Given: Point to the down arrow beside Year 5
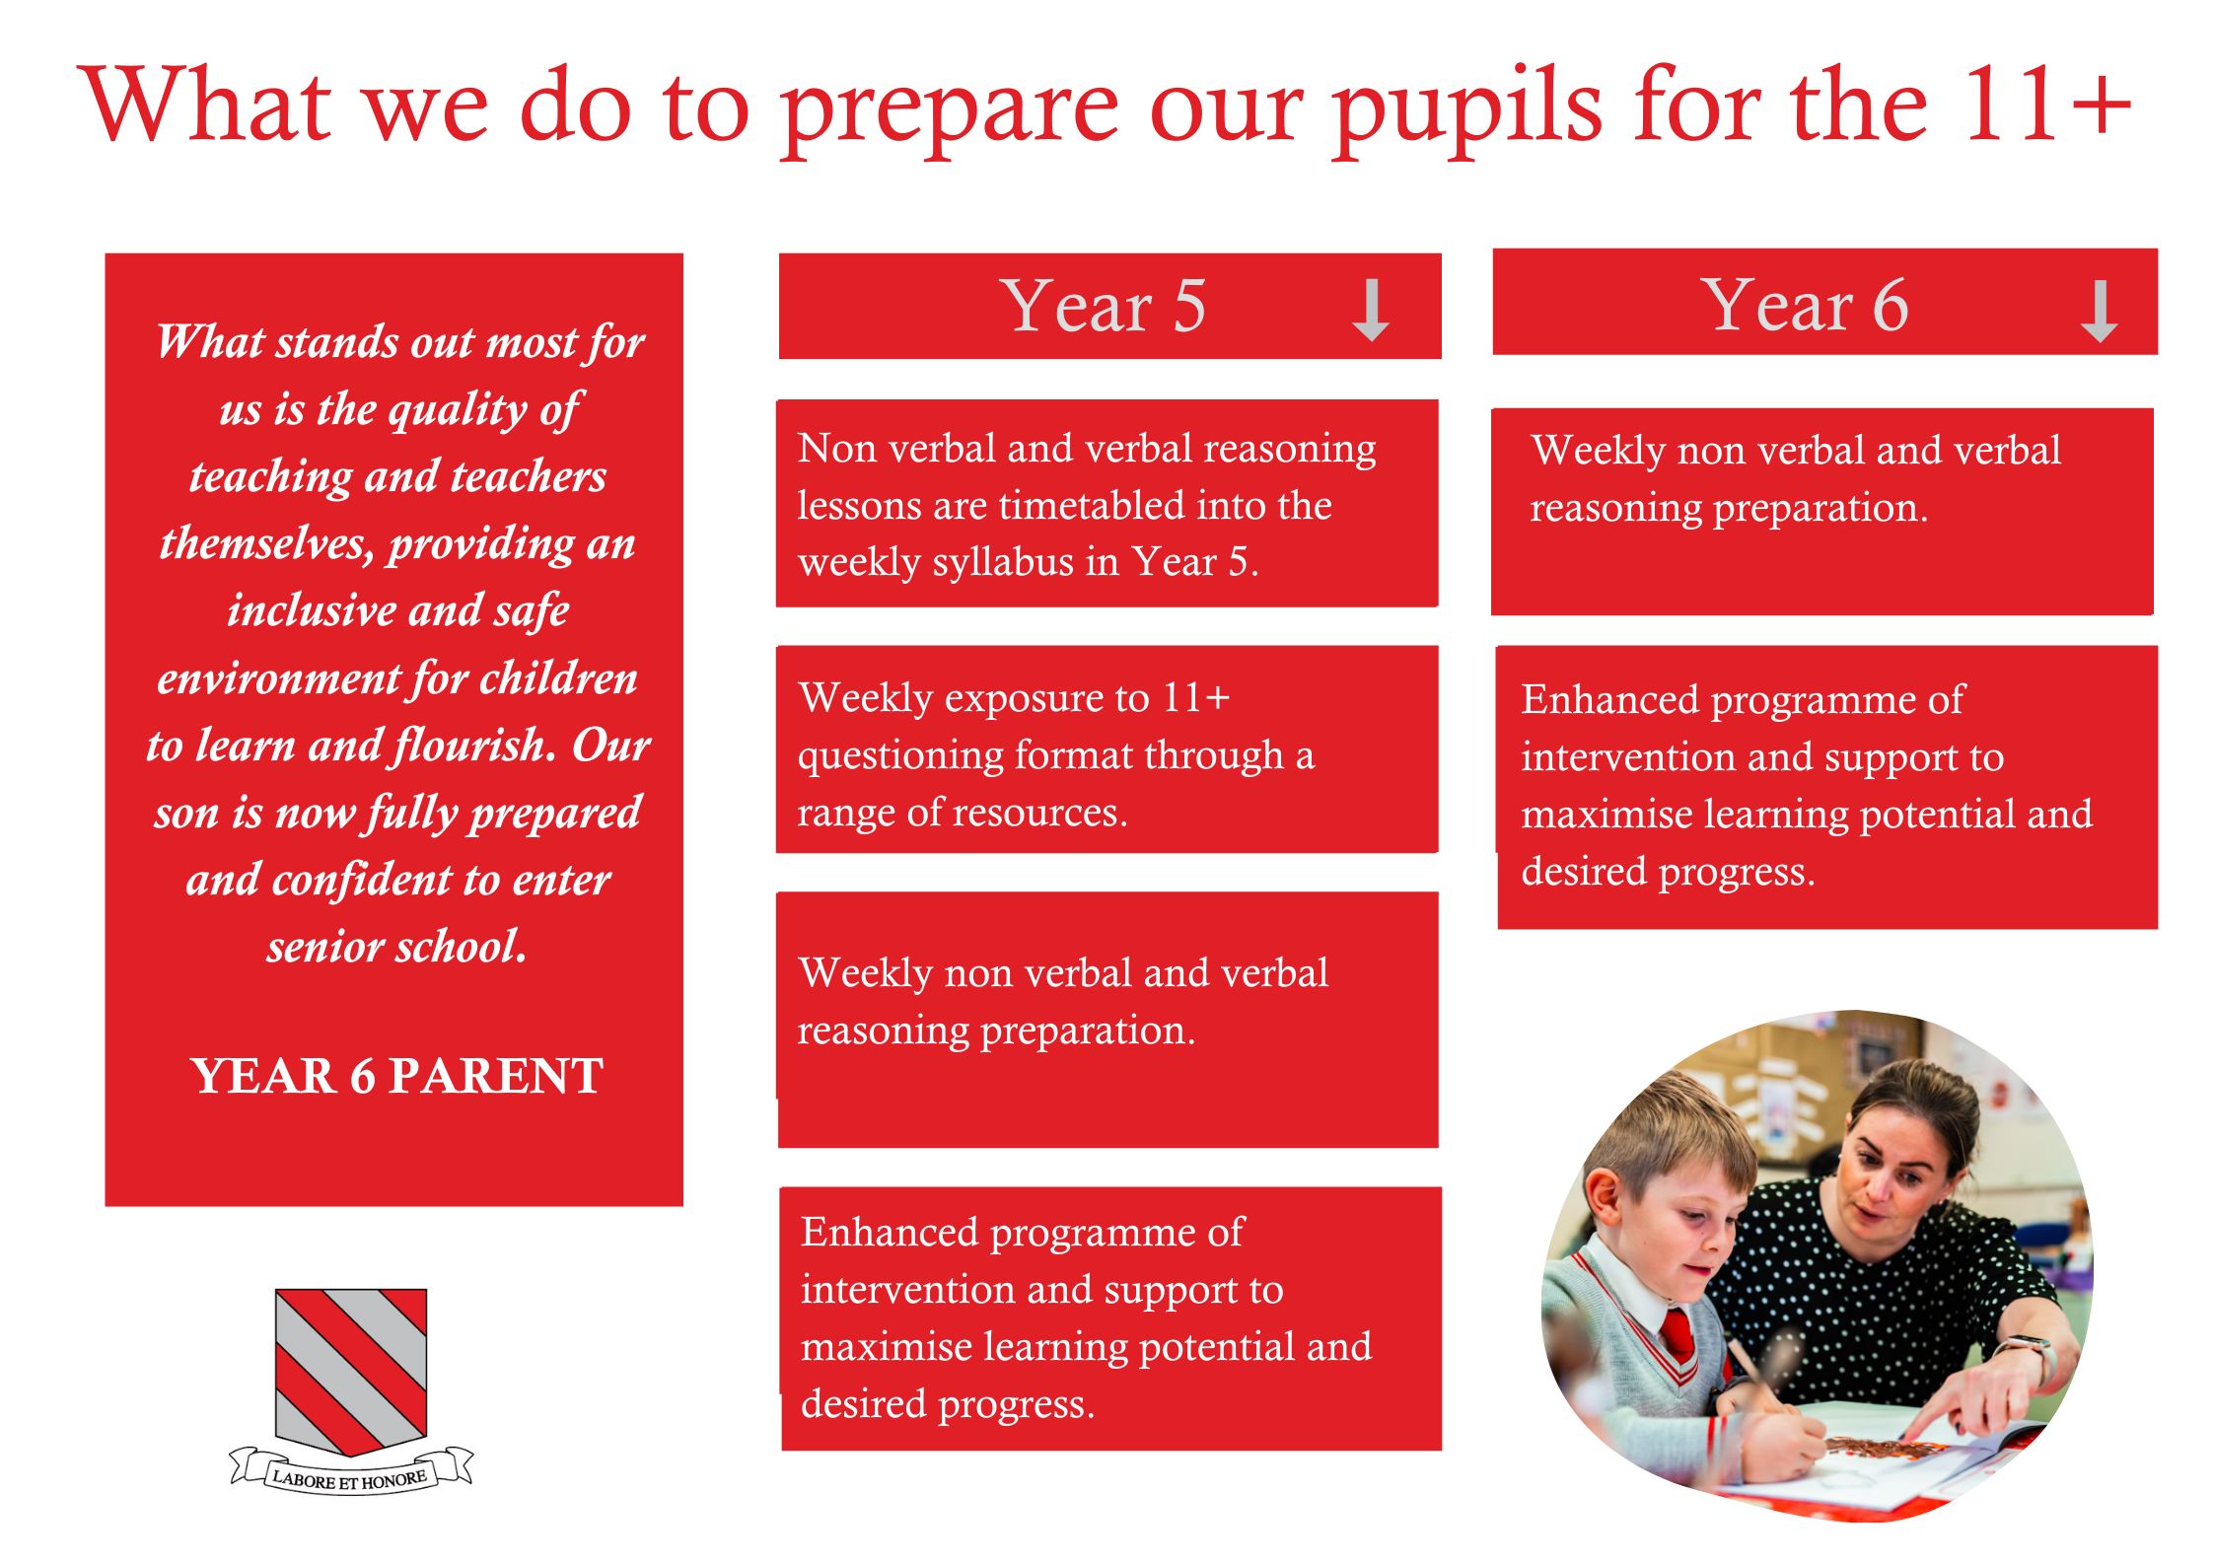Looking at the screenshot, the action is click(1371, 310).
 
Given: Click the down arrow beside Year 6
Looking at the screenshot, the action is click(2099, 312).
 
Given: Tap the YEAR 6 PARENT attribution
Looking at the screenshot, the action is click(397, 1075).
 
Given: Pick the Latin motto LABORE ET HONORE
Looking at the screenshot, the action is click(350, 1479).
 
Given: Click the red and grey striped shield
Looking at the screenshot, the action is click(351, 1371).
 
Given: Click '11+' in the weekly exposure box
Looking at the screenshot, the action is click(1196, 697).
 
